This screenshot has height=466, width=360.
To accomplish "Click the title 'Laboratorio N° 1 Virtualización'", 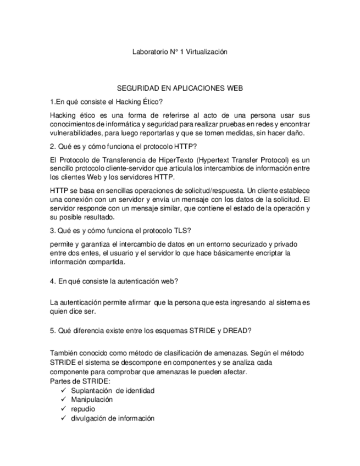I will click(180, 52).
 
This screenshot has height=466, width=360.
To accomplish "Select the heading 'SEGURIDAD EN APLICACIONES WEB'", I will click(180, 88).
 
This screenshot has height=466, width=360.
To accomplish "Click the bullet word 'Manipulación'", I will click(92, 400).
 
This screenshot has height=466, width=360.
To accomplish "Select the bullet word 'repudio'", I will click(83, 409).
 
